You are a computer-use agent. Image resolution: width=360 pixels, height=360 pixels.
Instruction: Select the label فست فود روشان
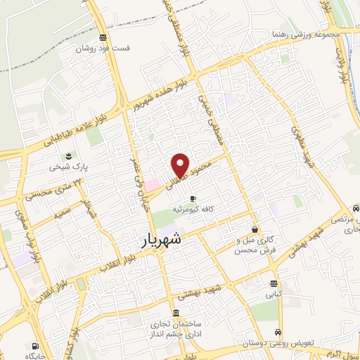(103, 50)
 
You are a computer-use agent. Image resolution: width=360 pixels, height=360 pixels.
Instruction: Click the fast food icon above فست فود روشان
(103, 38)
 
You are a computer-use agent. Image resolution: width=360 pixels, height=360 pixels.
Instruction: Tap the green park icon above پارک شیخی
(68, 155)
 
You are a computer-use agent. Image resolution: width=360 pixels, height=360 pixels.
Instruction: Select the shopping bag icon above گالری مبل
(255, 229)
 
